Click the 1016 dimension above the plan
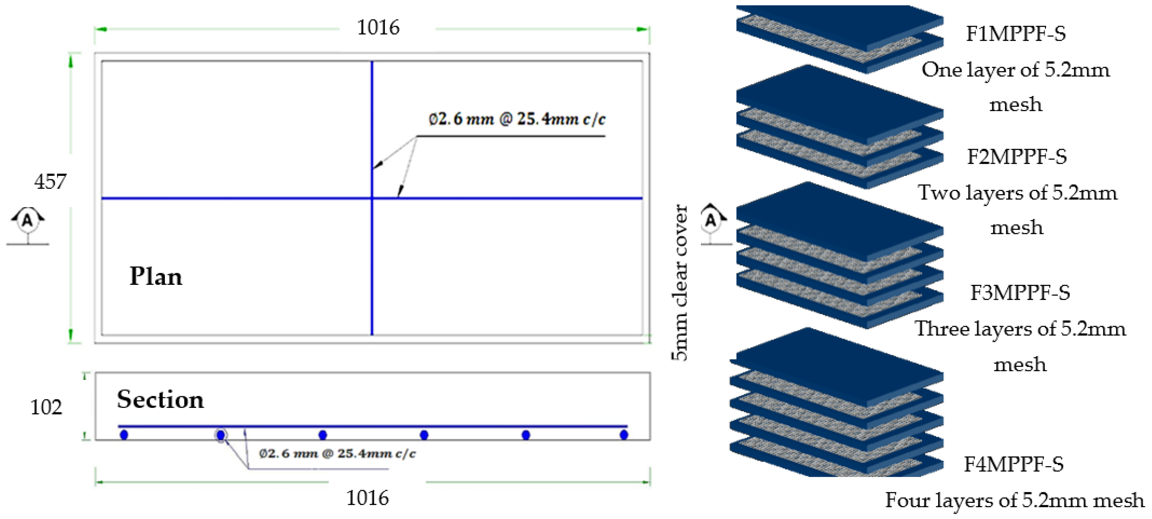pyautogui.click(x=378, y=28)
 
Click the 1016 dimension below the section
pyautogui.click(x=368, y=498)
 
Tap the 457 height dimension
pyautogui.click(x=50, y=182)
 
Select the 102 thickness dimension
pyautogui.click(x=46, y=407)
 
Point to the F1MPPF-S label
pyautogui.click(x=1015, y=34)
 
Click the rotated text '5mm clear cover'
pyautogui.click(x=679, y=283)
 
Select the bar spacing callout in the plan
pyautogui.click(x=517, y=119)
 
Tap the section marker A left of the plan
pyautogui.click(x=28, y=220)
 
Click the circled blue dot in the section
pyautogui.click(x=221, y=435)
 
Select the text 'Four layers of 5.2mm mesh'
pyautogui.click(x=1014, y=500)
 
